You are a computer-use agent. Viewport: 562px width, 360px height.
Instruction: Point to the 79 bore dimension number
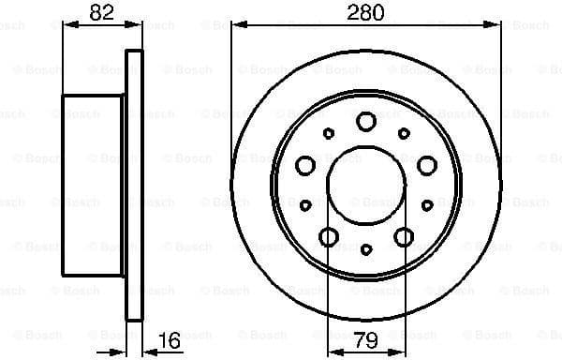point(365,339)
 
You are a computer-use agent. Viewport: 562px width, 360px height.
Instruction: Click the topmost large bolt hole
point(366,120)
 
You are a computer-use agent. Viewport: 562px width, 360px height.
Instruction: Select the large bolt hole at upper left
point(304,166)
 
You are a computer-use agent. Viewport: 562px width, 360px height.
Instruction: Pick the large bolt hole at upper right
point(427,166)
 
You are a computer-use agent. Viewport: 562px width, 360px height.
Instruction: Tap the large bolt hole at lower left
point(328,236)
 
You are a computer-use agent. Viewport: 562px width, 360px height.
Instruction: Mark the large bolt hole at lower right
point(405,236)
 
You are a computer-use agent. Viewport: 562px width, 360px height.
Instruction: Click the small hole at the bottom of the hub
point(366,248)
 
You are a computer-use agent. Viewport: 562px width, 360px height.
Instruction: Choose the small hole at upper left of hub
point(328,133)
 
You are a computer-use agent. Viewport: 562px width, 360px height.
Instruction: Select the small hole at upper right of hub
point(404,133)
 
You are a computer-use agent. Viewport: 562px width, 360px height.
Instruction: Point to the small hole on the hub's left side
point(305,204)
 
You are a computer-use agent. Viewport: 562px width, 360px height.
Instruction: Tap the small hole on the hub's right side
point(427,204)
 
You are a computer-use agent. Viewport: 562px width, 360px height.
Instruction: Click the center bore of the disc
point(366,185)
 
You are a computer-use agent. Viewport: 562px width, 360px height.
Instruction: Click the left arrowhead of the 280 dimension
point(236,25)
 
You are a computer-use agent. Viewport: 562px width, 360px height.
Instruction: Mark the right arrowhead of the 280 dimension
point(495,25)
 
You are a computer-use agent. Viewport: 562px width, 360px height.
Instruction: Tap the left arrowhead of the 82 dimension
point(67,25)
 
